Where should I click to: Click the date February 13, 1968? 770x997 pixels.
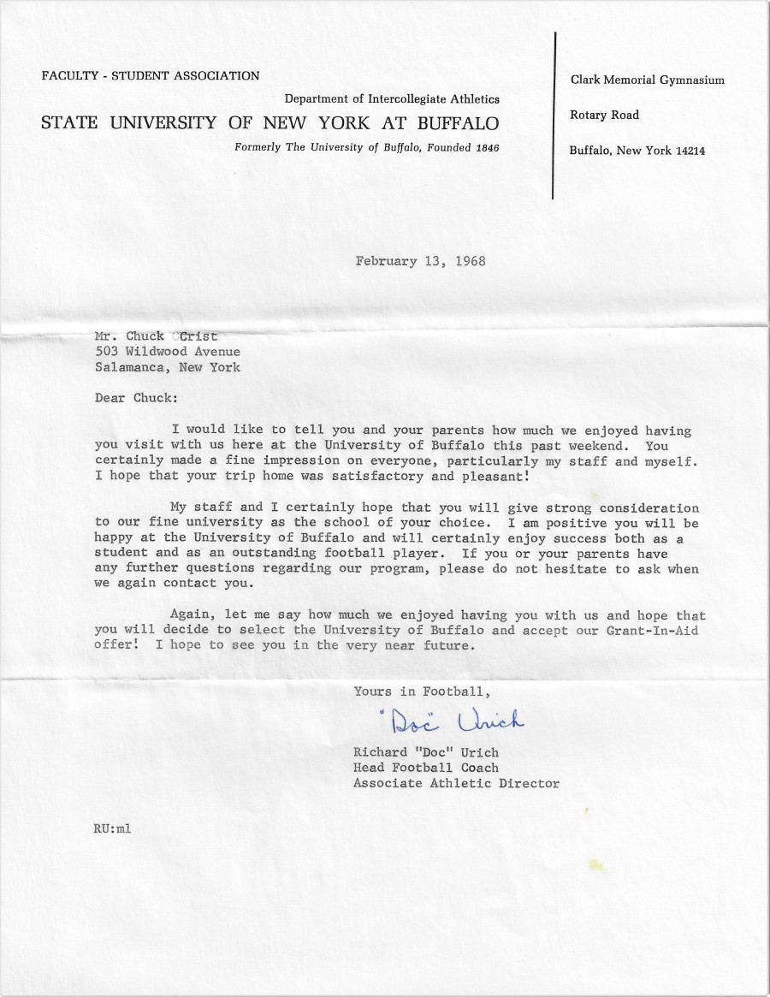point(420,261)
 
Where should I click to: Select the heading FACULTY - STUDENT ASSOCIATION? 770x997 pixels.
point(151,76)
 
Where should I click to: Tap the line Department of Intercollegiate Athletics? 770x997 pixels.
point(392,99)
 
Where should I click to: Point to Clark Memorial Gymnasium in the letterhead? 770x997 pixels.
point(647,80)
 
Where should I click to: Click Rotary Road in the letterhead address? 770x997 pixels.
point(604,116)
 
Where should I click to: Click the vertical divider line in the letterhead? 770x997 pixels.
point(555,116)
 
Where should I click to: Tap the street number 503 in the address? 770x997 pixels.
point(106,352)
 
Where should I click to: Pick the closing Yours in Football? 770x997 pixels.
point(423,691)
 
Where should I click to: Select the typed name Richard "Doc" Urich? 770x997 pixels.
point(425,752)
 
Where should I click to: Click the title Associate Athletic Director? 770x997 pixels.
point(456,783)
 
